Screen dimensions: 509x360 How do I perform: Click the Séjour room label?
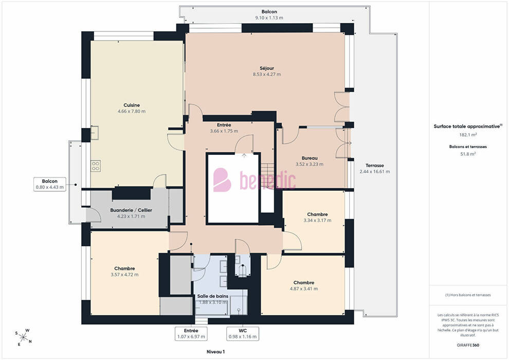tap(267, 68)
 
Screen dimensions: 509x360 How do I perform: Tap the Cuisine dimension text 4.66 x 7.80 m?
tap(132, 112)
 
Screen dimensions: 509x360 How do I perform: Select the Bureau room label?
tap(310, 158)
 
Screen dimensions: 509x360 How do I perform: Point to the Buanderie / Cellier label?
tap(131, 210)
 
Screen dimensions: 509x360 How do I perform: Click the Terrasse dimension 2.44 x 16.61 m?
tap(375, 172)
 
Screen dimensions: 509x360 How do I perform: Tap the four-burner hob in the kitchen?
tap(96, 166)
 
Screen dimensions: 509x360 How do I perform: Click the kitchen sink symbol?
tap(95, 133)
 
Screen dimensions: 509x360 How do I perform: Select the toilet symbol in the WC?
tap(243, 271)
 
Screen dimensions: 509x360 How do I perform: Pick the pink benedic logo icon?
tap(222, 179)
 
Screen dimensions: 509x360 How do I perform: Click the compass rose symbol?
tap(23, 337)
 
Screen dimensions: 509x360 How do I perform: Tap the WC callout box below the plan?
tap(243, 334)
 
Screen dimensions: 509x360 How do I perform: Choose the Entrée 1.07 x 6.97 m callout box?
tap(191, 334)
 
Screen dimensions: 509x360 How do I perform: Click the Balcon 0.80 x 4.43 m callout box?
tap(50, 184)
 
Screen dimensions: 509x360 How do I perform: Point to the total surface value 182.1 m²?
tap(468, 135)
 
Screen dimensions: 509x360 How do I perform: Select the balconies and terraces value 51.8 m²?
tap(468, 154)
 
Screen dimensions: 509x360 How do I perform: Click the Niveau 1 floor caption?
tap(215, 352)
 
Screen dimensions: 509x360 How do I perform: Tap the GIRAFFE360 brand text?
tap(468, 345)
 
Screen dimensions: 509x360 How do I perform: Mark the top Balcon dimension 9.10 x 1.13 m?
tap(269, 18)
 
